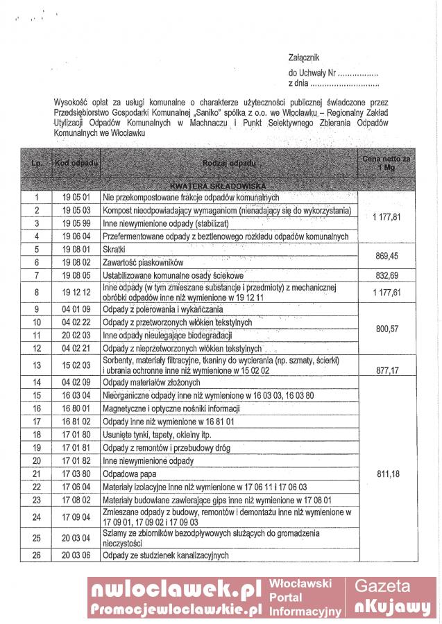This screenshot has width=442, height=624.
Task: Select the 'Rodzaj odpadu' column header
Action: (x=230, y=163)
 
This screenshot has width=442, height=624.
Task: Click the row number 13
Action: (x=37, y=365)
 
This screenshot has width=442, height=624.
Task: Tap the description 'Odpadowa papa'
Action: (x=129, y=474)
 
